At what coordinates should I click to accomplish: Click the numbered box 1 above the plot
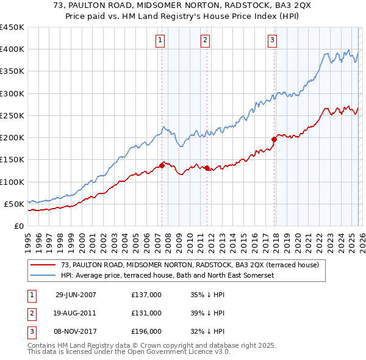(x=160, y=41)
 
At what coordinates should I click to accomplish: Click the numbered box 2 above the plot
(x=205, y=41)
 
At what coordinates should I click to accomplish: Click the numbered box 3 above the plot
(x=272, y=41)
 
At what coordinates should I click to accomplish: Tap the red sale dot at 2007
(x=162, y=165)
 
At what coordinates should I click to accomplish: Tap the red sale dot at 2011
(x=207, y=168)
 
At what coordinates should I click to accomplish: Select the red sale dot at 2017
(x=274, y=139)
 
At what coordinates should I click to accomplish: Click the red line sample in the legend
(x=44, y=265)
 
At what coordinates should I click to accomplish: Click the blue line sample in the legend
(x=44, y=275)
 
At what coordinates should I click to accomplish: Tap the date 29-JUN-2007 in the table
(x=76, y=295)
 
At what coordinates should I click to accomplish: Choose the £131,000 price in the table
(x=146, y=313)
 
